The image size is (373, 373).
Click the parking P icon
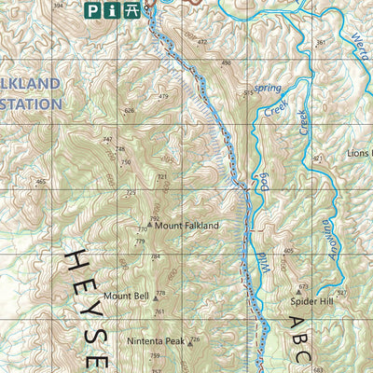(92, 10)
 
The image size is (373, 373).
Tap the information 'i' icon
(113, 10)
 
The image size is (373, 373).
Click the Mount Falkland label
(186, 226)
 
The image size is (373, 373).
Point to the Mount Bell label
(126, 296)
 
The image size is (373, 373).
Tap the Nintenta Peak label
(156, 341)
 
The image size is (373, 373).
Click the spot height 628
(130, 111)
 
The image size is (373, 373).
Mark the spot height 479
(163, 97)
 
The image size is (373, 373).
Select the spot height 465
(40, 182)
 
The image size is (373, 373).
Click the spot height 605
(289, 252)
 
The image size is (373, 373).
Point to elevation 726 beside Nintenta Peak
(195, 340)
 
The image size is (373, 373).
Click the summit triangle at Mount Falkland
(149, 226)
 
